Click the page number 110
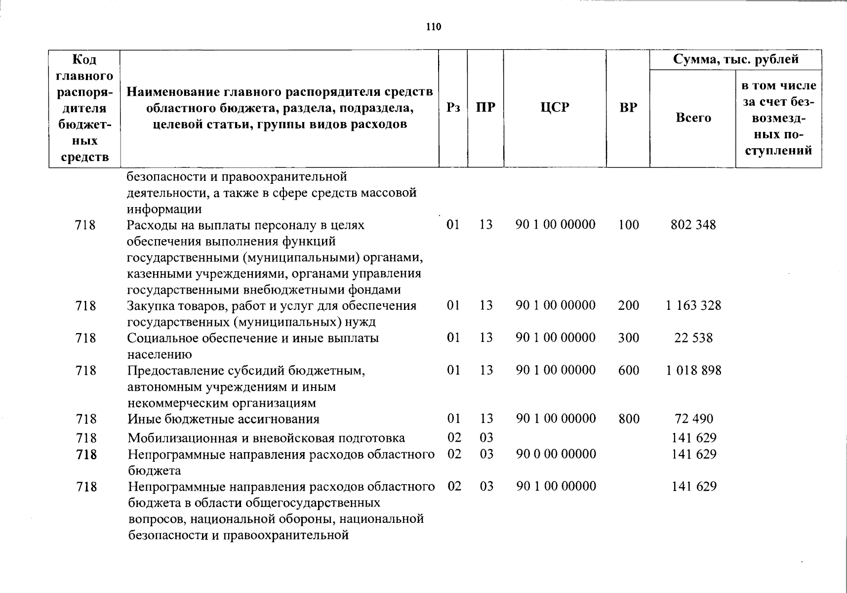point(433,27)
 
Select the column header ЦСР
point(555,108)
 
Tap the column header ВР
point(628,108)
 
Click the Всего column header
point(693,118)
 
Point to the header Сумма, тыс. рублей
point(735,60)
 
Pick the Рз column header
point(453,108)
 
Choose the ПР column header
point(485,108)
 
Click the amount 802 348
point(693,225)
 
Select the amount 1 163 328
point(693,305)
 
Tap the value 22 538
point(693,338)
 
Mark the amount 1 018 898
point(693,370)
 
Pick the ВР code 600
point(629,370)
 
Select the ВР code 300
point(629,338)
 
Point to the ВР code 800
point(629,419)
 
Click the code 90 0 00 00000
point(556,454)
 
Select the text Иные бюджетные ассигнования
point(223,419)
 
